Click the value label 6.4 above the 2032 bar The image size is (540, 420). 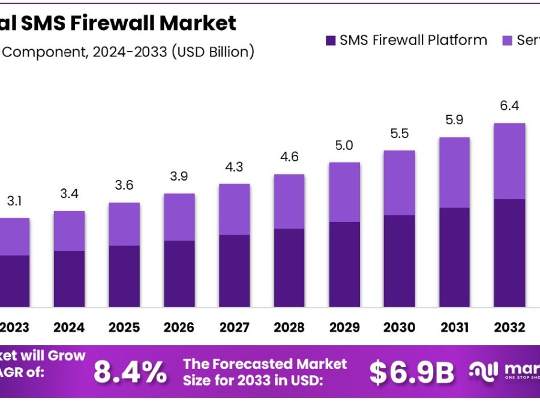[509, 106]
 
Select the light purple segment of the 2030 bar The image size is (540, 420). [399, 182]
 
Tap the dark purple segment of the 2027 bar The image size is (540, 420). [234, 271]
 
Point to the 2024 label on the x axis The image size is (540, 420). [69, 328]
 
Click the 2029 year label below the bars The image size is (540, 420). [344, 328]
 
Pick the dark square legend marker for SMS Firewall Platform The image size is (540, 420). [331, 41]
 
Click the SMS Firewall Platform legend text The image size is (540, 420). [413, 40]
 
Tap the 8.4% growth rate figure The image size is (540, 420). [130, 373]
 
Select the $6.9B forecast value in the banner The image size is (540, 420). [411, 373]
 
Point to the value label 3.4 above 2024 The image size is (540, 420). [69, 194]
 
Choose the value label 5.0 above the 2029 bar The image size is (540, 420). [344, 145]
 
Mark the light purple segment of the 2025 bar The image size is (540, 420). [124, 224]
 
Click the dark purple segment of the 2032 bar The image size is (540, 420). [509, 253]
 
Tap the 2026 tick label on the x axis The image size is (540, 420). [179, 328]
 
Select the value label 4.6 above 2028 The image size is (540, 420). [289, 157]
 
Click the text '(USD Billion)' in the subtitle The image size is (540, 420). [212, 52]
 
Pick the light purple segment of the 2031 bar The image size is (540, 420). [454, 172]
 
